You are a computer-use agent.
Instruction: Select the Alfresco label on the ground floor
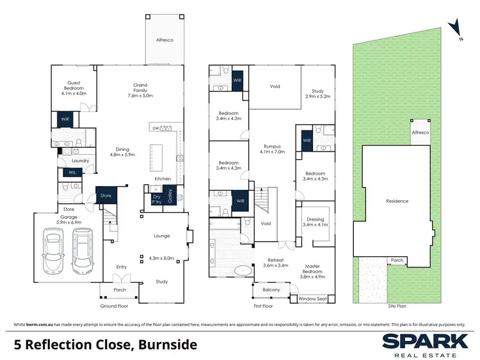(164, 40)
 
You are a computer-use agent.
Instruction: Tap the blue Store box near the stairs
(106, 196)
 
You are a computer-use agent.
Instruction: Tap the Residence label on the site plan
(397, 201)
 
